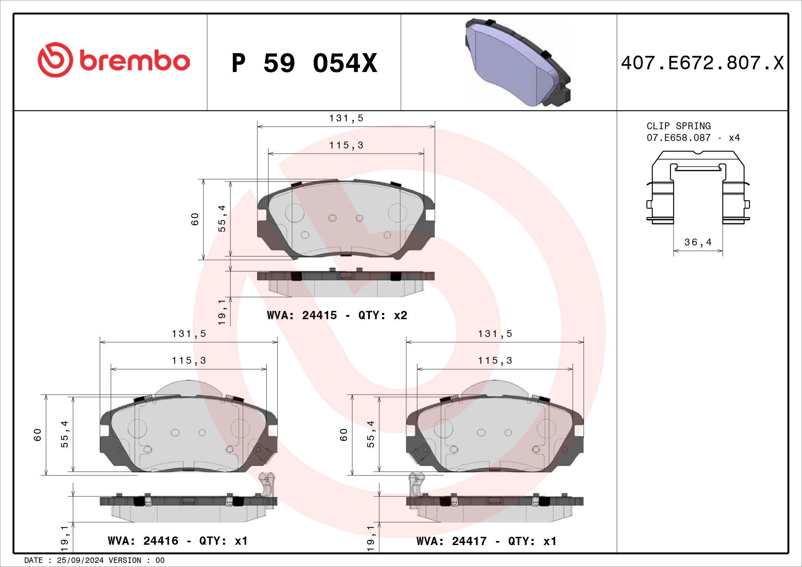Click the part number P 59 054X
pyautogui.click(x=304, y=63)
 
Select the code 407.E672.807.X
pyautogui.click(x=703, y=63)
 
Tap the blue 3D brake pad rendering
pyautogui.click(x=518, y=62)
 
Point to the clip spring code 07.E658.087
pyautogui.click(x=678, y=137)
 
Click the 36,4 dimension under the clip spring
pyautogui.click(x=697, y=242)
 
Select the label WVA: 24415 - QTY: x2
pyautogui.click(x=337, y=315)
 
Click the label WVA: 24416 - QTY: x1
pyautogui.click(x=178, y=541)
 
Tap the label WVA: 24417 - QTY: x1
pyautogui.click(x=487, y=541)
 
